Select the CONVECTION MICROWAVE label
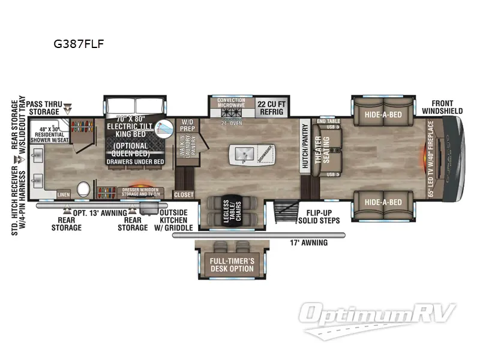click(231, 103)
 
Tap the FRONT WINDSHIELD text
click(442, 107)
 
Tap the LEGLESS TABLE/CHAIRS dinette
click(231, 211)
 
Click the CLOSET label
click(184, 194)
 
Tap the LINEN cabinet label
click(64, 194)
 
